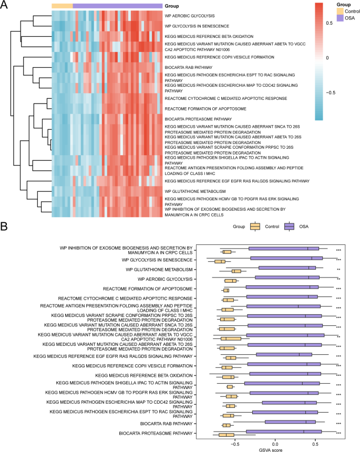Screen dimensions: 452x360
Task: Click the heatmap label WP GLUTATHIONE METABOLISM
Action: click(195, 191)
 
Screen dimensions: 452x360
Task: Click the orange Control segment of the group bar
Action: click(62, 5)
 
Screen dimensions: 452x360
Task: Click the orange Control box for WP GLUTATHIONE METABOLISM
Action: click(236, 271)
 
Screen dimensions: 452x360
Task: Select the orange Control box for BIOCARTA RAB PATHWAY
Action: click(227, 424)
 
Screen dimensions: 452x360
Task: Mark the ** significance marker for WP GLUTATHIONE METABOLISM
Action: click(338, 270)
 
